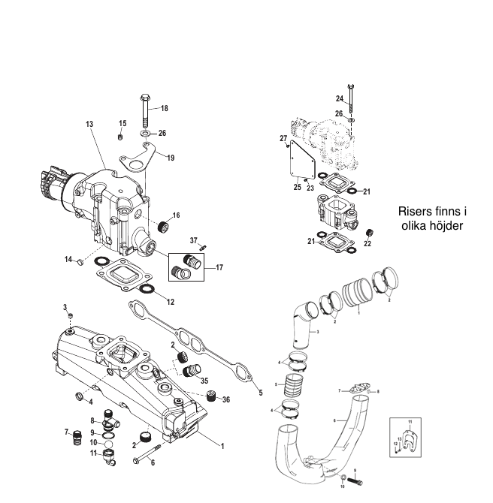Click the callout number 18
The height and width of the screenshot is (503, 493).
164,109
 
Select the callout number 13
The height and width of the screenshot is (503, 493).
89,123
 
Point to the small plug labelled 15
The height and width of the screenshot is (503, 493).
121,137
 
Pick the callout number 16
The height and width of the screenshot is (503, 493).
176,215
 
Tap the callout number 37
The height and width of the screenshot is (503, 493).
193,241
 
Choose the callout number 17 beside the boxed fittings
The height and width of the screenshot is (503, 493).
219,267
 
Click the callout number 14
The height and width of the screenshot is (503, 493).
68,259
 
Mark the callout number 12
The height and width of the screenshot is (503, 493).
171,302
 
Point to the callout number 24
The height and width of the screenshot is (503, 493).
340,98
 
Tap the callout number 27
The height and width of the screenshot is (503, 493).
283,139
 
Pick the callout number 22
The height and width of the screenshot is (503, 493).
367,243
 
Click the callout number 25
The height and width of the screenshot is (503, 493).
297,187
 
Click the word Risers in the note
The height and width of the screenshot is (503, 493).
414,212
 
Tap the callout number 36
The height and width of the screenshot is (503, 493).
226,399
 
